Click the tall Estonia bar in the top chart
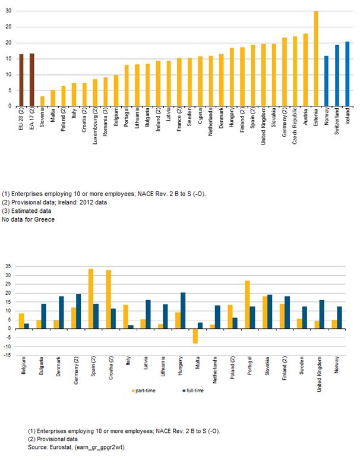[x=316, y=58]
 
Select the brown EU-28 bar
[x=22, y=80]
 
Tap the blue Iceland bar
[x=348, y=74]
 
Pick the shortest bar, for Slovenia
[x=42, y=101]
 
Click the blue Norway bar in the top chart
[x=327, y=81]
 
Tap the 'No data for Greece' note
[x=28, y=220]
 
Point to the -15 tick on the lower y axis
[x=7, y=355]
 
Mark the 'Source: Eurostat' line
[x=76, y=448]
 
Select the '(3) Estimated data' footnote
[x=26, y=211]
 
